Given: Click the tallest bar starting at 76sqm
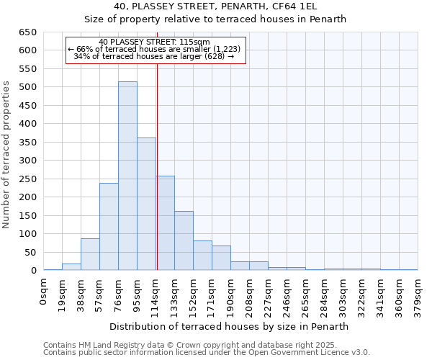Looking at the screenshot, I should pos(127,176).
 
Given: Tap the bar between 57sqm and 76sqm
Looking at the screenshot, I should pos(109,227).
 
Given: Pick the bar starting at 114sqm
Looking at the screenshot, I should pos(165,223).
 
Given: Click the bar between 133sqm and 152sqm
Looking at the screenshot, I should pos(184,240).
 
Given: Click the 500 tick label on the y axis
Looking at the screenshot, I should pos(27,87).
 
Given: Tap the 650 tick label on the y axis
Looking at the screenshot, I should pos(27,32).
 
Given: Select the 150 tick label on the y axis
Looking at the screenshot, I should pos(27,215).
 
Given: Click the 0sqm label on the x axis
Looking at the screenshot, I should pos(44,294).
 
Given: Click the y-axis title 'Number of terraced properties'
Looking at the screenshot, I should pos(7,155).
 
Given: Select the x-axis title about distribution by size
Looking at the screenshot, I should pos(230,326).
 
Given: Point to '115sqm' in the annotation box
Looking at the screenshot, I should pos(195,42).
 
